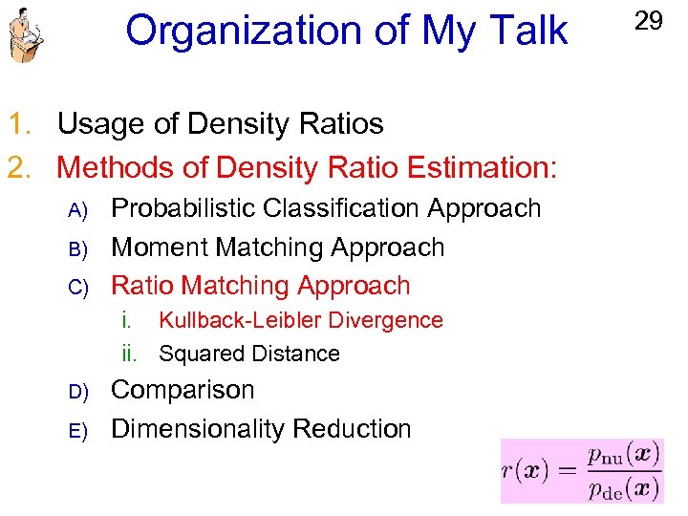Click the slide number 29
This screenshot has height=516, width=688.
(x=648, y=21)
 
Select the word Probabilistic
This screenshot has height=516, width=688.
(x=184, y=208)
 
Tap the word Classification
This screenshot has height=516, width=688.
(x=343, y=208)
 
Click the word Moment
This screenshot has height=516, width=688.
(x=160, y=247)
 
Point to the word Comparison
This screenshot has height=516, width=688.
(x=183, y=391)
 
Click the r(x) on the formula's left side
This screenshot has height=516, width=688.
(x=525, y=470)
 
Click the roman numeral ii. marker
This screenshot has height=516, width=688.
(x=133, y=355)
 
